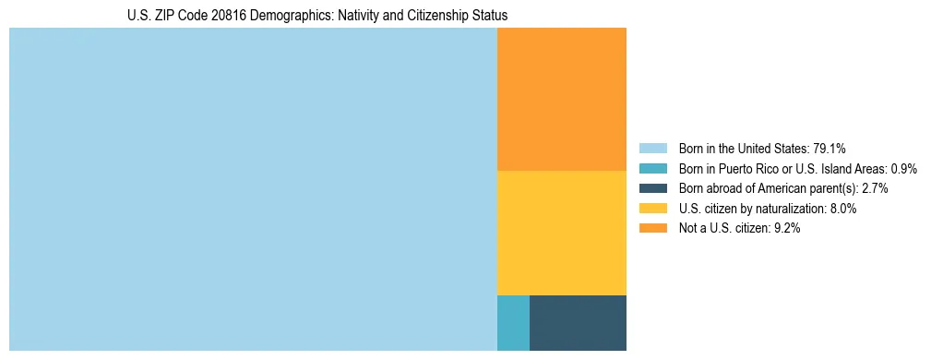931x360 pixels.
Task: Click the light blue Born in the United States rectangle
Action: (253, 189)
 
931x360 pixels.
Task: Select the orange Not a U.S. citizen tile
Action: (561, 100)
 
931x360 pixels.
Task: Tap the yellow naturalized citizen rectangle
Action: (561, 233)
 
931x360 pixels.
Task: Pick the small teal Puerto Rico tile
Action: (513, 322)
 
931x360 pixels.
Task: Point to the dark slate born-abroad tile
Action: (578, 322)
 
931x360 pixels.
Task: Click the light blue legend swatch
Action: (652, 149)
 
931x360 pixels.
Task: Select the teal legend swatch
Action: (652, 169)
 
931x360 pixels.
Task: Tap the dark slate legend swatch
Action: (652, 188)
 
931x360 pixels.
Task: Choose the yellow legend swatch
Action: (652, 209)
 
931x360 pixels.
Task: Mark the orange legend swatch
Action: (652, 229)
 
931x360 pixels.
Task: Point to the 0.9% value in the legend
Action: (903, 169)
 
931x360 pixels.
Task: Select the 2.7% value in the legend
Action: (874, 188)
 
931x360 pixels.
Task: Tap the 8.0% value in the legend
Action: (841, 209)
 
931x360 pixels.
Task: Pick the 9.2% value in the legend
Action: (785, 229)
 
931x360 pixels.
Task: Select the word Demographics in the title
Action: (284, 16)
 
